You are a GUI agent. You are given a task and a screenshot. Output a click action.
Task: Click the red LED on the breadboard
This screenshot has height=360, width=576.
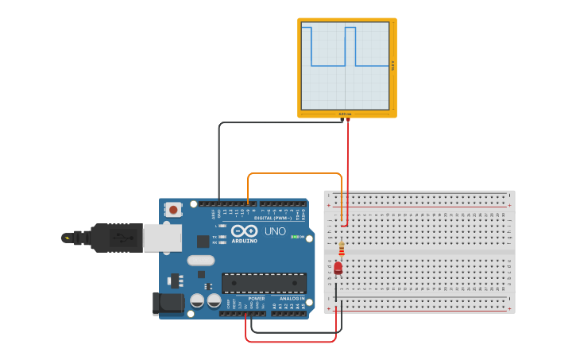point(338,269)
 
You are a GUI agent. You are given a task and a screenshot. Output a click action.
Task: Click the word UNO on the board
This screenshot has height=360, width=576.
point(275,231)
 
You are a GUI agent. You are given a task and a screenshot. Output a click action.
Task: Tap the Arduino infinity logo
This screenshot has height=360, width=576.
point(244,230)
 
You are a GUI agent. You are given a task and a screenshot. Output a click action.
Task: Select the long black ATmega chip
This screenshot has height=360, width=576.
point(264,283)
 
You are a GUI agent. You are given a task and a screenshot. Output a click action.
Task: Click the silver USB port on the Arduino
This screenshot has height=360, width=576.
point(163,237)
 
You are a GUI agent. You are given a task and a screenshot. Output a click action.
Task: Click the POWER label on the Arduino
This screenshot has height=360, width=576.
point(256,298)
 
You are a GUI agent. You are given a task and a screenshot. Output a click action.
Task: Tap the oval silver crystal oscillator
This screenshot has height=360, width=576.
point(201,260)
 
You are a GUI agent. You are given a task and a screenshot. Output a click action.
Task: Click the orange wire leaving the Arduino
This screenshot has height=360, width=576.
point(294,173)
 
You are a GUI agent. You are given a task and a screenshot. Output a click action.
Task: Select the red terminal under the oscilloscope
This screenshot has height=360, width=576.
point(348,120)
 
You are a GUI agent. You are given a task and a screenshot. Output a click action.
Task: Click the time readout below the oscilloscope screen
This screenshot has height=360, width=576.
point(345,114)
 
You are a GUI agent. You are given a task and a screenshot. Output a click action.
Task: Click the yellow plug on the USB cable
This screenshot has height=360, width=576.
point(67,238)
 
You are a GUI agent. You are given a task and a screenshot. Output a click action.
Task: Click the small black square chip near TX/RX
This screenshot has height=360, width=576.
point(203,241)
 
